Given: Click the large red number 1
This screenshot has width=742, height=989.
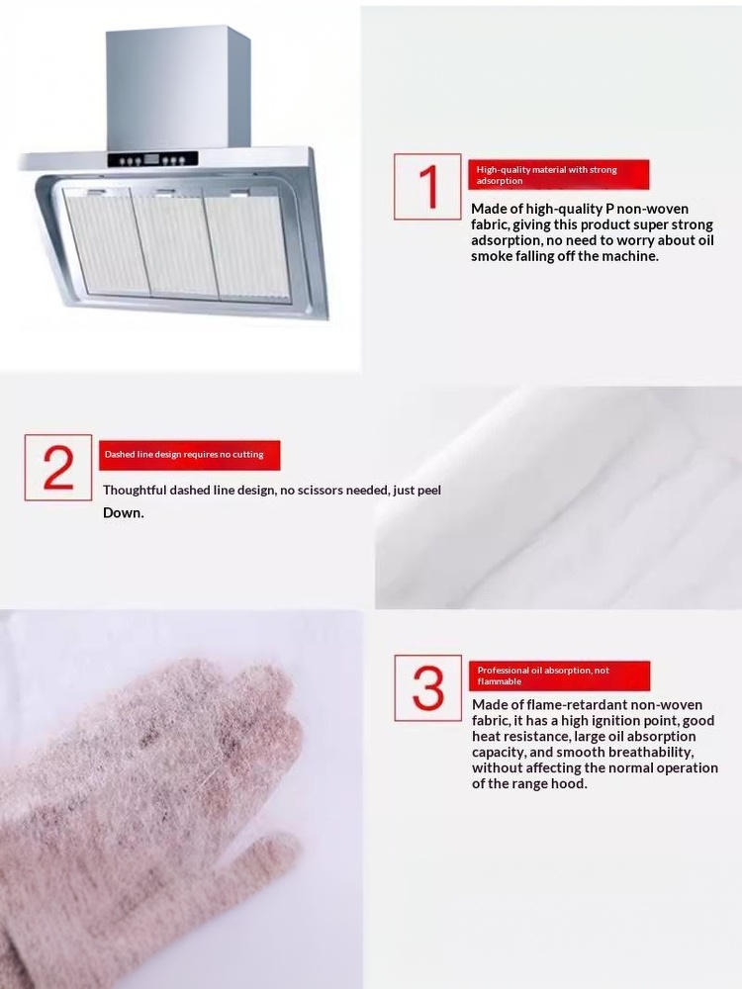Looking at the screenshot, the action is (429, 186).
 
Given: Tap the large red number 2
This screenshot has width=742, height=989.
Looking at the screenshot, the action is (58, 468).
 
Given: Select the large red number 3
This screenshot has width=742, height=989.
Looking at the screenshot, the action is (428, 687).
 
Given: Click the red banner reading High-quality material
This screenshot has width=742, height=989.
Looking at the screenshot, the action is (558, 175).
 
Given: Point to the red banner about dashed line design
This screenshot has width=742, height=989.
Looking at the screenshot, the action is (189, 455).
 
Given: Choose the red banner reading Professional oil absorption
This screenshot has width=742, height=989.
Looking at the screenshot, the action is (559, 675).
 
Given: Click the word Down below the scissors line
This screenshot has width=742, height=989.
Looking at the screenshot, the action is (124, 512).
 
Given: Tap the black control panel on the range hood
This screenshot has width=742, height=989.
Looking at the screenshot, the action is (152, 159).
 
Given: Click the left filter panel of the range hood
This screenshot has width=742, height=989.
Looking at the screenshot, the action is (106, 242).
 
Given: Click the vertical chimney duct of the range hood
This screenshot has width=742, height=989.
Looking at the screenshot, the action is (178, 88).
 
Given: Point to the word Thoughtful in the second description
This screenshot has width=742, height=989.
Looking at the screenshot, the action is (135, 491).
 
